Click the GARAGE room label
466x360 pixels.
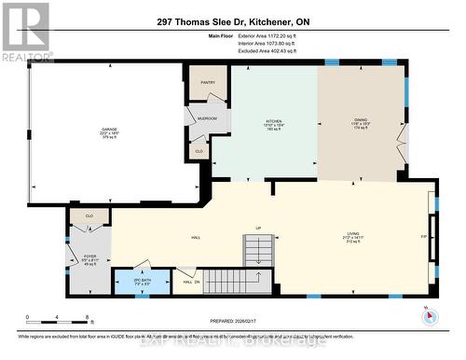(x=109, y=132)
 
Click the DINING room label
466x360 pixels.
(x=359, y=121)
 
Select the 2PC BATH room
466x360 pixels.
(x=143, y=278)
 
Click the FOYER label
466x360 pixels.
(x=89, y=256)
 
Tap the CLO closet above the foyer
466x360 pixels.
(x=89, y=216)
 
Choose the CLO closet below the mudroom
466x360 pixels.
(x=199, y=150)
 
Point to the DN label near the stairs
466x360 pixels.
(x=197, y=283)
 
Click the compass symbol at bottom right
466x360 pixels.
(x=430, y=315)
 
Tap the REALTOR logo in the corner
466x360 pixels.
(x=26, y=31)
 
